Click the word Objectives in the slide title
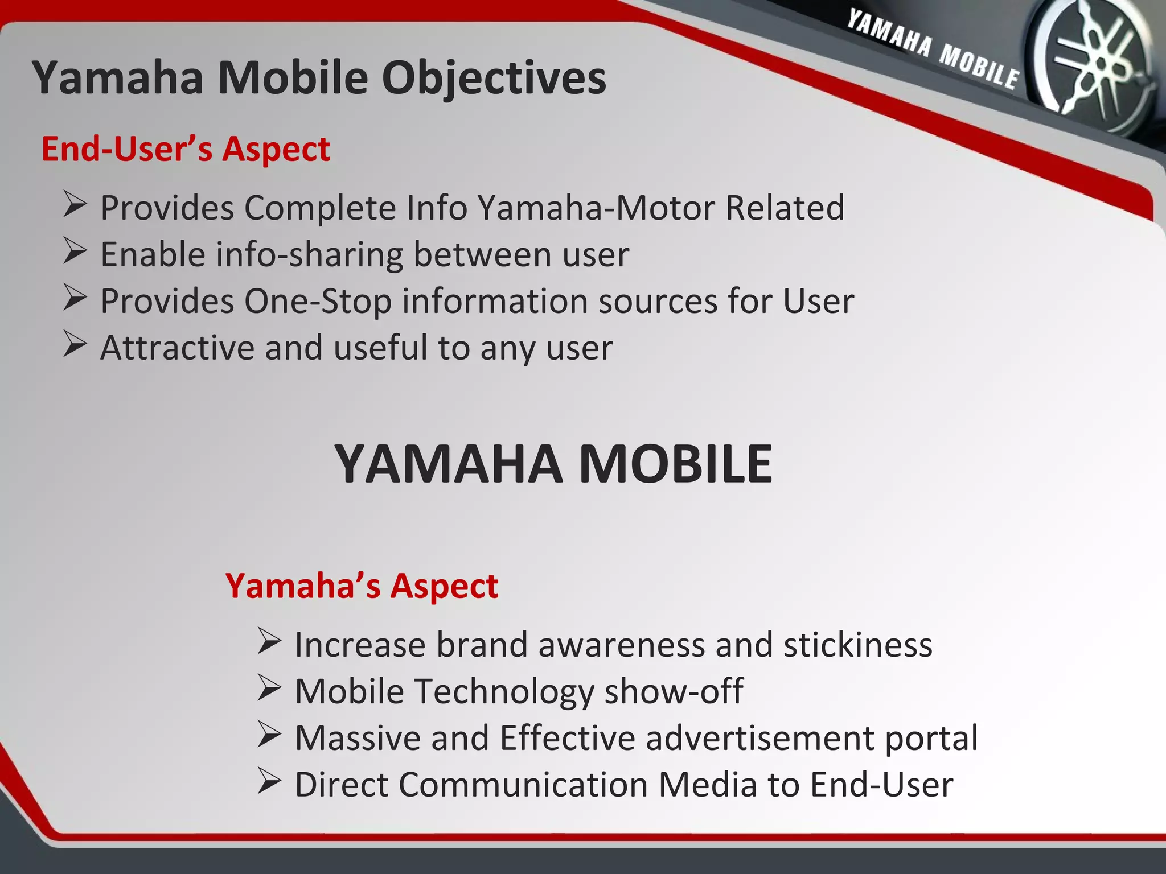point(494,78)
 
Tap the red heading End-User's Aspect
point(186,149)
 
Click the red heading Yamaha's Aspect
point(362,586)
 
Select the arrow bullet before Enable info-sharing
point(75,252)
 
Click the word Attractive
point(177,348)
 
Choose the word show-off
point(673,691)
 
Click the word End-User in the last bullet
point(881,785)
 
